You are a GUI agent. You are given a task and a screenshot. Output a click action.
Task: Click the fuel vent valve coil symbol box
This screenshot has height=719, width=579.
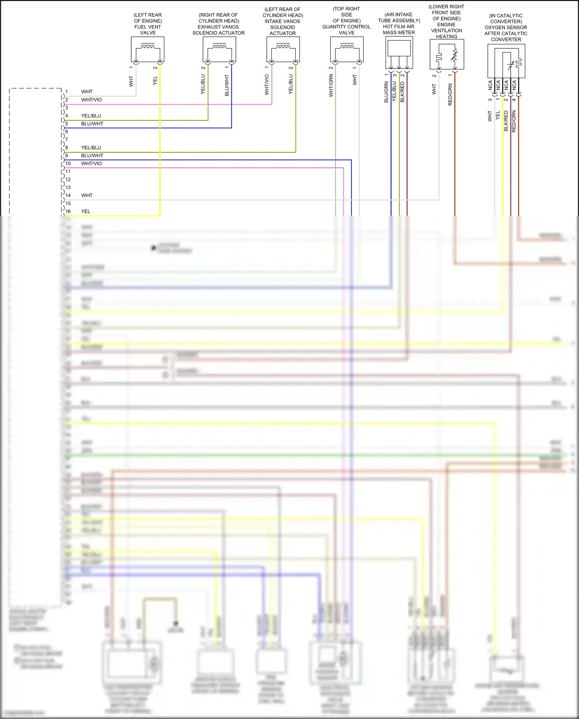pos(148,49)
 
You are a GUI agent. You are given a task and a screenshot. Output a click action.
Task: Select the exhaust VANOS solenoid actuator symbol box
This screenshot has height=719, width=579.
pos(219,49)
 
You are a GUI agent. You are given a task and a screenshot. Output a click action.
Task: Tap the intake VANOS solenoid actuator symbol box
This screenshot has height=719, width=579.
pos(283,49)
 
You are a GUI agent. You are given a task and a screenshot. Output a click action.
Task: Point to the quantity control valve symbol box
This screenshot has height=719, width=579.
pos(347,49)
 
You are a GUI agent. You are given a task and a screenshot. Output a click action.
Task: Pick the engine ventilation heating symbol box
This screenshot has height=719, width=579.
pos(447,54)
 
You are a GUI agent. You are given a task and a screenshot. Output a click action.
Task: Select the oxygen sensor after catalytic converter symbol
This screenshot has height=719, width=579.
pos(506,61)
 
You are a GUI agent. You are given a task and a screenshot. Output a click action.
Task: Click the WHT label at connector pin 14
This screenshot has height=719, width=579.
pos(87,195)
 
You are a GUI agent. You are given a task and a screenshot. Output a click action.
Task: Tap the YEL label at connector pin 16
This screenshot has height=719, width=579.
pos(86,211)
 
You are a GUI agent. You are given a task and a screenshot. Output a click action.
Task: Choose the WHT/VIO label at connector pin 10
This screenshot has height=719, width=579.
pos(91,163)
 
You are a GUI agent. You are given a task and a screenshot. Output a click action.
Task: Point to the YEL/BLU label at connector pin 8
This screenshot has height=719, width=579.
pos(91,148)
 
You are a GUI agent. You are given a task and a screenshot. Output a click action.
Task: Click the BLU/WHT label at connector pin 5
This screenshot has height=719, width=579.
pos(92,124)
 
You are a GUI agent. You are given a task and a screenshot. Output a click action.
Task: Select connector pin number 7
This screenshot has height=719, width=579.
pos(66,139)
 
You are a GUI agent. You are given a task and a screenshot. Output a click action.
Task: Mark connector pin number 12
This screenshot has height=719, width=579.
pos(68,180)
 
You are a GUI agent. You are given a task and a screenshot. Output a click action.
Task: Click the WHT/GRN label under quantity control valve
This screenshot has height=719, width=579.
pos(331,86)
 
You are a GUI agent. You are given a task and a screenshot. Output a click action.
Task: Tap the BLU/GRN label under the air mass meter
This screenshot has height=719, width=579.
pos(386,92)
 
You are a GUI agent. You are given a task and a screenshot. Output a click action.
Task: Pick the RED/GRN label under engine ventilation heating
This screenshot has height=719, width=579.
pos(450,95)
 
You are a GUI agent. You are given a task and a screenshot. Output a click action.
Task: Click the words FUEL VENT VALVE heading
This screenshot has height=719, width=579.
pos(148,30)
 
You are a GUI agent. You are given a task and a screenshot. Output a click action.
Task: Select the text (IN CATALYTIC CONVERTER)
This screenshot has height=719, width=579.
pos(506,19)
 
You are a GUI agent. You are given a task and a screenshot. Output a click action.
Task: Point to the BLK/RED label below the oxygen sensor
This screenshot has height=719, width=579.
pos(506,121)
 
